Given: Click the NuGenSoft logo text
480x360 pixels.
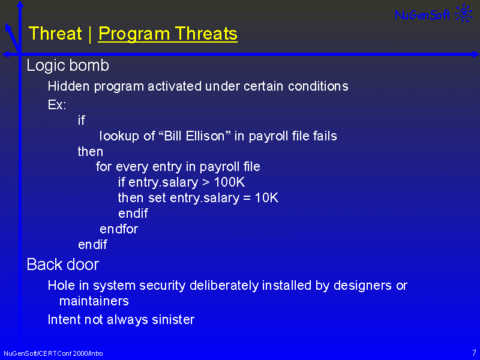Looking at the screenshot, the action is click(x=422, y=14).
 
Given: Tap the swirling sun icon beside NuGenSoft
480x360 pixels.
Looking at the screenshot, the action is click(x=464, y=13).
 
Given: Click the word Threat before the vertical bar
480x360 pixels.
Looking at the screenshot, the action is click(x=55, y=34).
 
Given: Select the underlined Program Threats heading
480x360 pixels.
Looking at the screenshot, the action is click(x=168, y=34).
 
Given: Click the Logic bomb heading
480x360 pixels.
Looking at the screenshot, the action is click(x=68, y=65).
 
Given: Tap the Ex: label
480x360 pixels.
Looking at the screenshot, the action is click(x=57, y=104).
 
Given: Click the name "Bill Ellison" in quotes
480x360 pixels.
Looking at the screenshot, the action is click(x=194, y=136).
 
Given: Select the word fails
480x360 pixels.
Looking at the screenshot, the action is click(x=325, y=136).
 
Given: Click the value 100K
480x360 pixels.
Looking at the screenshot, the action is click(x=229, y=182).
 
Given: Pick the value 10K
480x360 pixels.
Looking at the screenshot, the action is click(x=266, y=198).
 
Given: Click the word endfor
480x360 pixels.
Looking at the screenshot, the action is click(x=119, y=229).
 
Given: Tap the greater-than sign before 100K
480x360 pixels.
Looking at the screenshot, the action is click(x=206, y=183).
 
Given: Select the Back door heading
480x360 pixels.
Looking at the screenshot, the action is click(x=63, y=265).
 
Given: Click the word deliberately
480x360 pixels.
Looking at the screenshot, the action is click(x=224, y=286).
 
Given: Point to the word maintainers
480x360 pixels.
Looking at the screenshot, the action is click(x=94, y=301).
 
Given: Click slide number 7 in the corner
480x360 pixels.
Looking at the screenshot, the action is click(x=474, y=353).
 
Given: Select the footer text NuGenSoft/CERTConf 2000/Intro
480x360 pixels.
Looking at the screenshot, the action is click(x=53, y=353).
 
